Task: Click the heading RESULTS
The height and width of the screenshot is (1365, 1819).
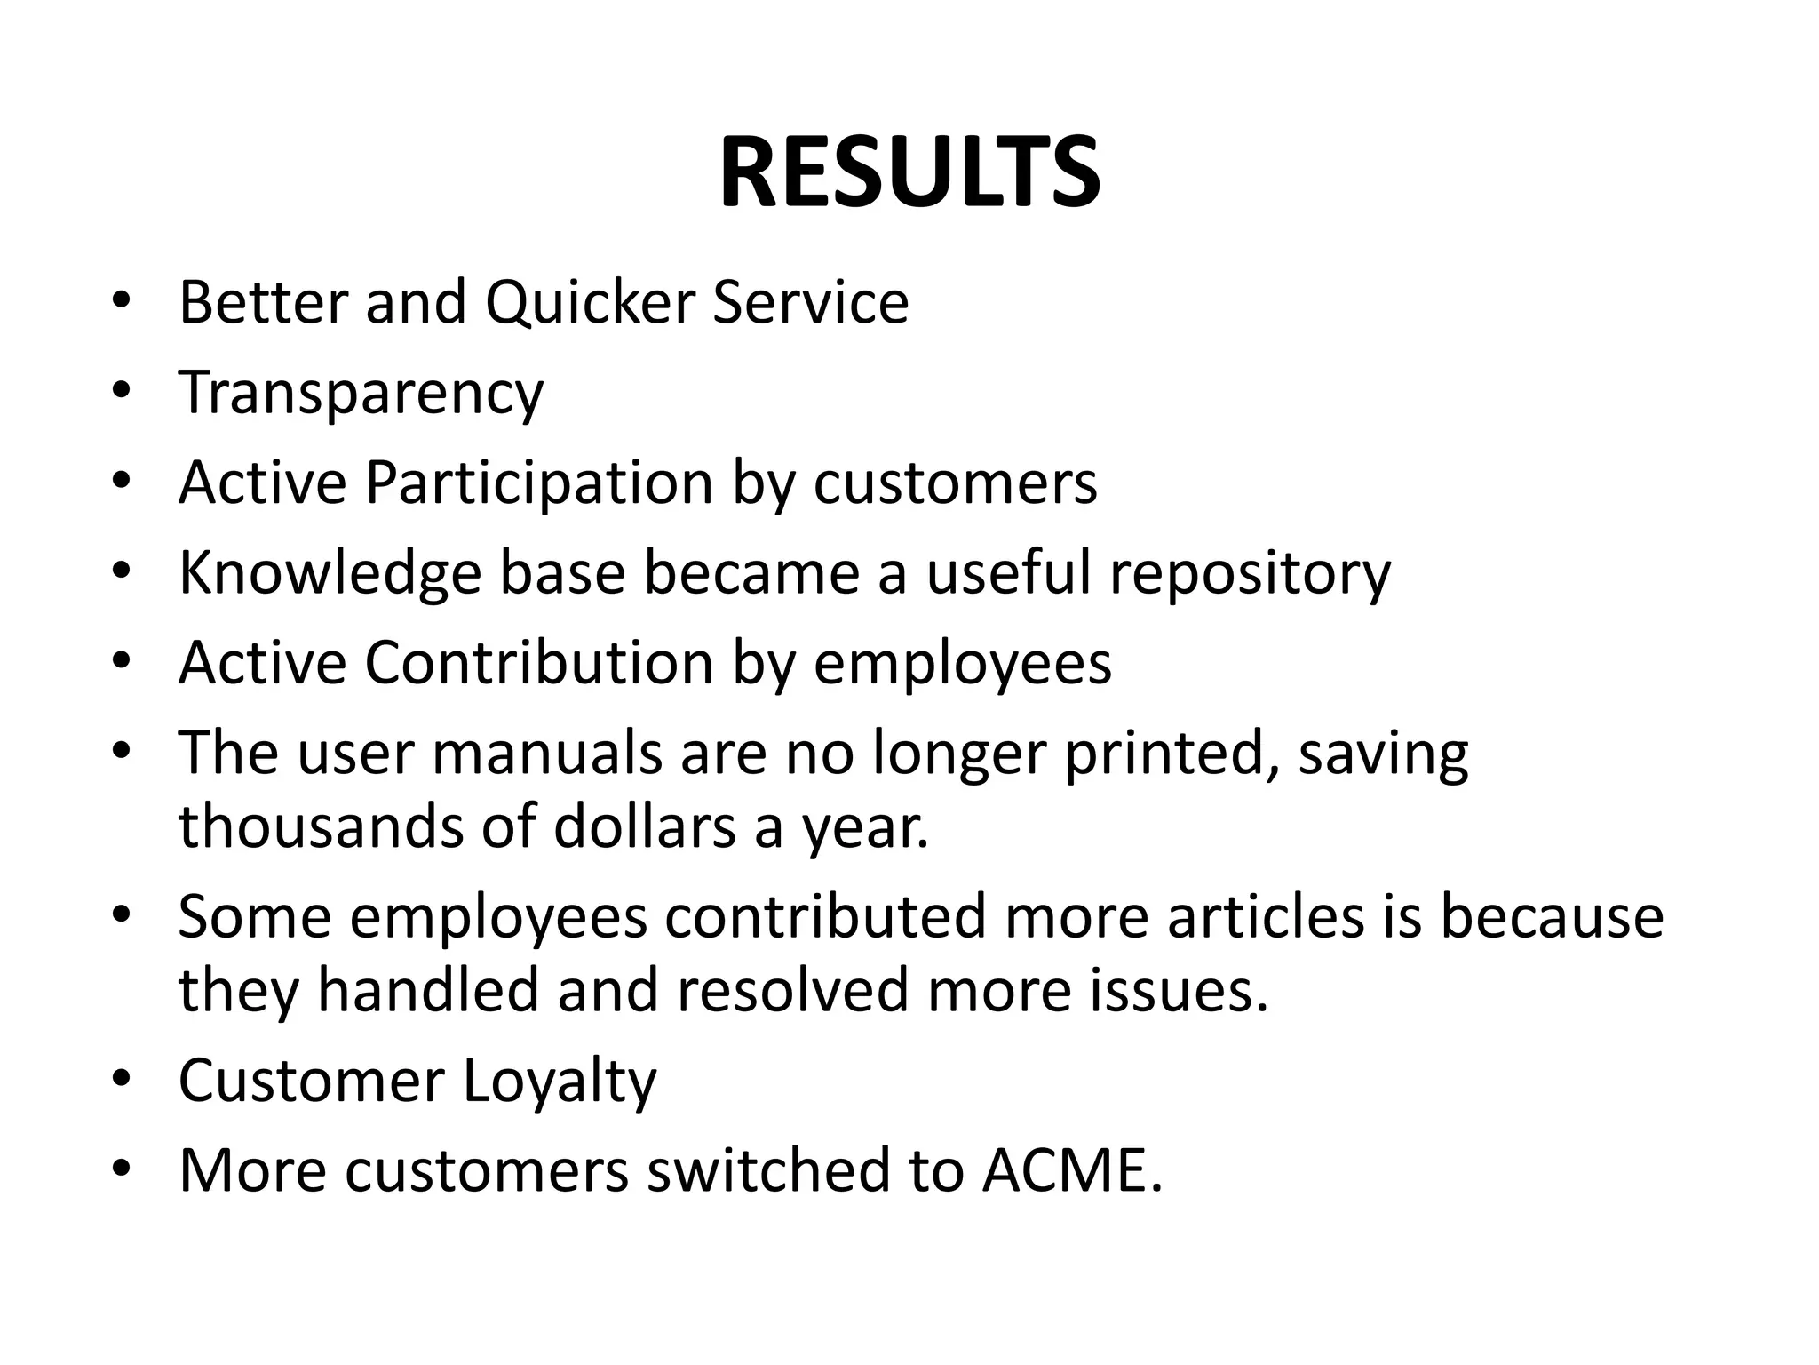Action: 909,172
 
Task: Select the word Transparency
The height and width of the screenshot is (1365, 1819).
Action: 361,393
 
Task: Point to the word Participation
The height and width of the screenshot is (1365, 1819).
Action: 539,483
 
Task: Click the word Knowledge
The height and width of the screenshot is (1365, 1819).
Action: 330,573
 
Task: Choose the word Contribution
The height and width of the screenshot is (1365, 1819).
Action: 539,663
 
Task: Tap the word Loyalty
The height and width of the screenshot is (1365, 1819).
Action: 560,1081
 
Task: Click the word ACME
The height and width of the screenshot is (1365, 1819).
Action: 1072,1170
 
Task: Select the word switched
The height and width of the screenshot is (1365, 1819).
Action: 768,1170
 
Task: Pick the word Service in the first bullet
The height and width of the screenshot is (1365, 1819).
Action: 811,302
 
